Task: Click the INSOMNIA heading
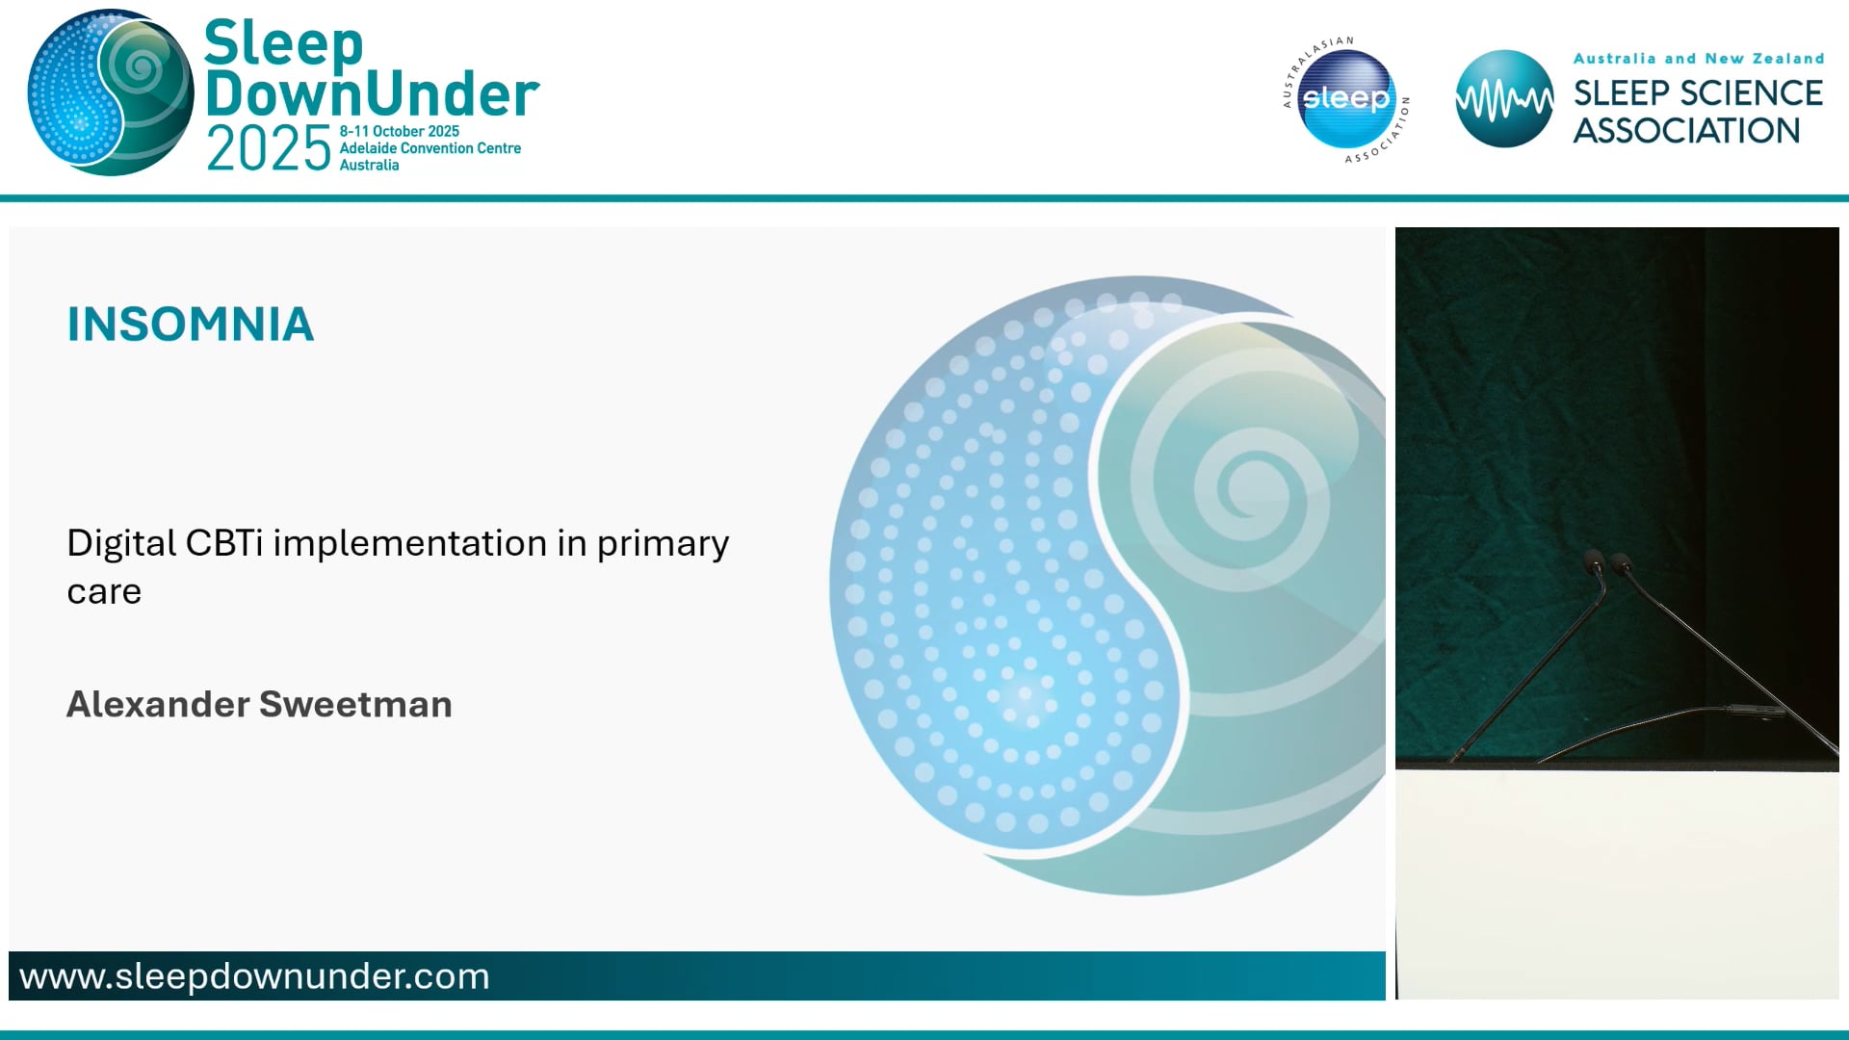click(191, 325)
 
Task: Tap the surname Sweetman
click(355, 704)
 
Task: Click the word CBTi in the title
click(223, 543)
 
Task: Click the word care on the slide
click(104, 591)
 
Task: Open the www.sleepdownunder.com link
click(254, 976)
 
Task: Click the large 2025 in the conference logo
click(269, 149)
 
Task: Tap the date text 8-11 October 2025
click(399, 131)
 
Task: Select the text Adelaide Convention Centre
click(430, 148)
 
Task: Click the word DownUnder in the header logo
click(372, 94)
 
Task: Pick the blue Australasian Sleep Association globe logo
click(1346, 99)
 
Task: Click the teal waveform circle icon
click(1503, 99)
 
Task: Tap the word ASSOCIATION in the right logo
click(1686, 131)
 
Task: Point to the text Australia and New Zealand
click(1698, 59)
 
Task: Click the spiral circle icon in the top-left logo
click(110, 93)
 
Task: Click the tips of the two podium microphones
click(1605, 560)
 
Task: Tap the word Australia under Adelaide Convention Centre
click(369, 166)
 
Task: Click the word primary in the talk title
click(663, 543)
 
